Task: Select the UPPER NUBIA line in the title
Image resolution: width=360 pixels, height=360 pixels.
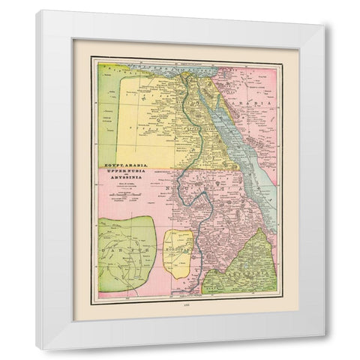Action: click(x=124, y=170)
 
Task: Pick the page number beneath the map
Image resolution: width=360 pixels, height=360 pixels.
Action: click(x=186, y=305)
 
